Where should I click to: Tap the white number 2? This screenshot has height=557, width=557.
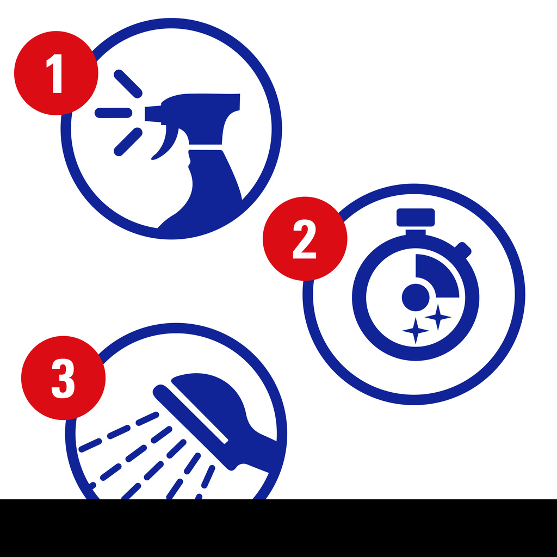click(305, 239)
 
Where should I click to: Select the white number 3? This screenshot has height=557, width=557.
click(63, 379)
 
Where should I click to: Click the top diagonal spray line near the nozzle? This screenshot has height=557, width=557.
click(128, 84)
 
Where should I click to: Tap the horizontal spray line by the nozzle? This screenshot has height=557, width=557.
click(113, 113)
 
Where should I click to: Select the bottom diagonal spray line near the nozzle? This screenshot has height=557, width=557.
click(128, 142)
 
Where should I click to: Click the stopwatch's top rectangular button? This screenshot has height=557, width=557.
click(415, 218)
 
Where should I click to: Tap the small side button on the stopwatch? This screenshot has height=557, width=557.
click(462, 250)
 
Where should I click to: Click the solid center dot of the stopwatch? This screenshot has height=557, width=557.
click(415, 298)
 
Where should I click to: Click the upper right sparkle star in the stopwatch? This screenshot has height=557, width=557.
click(438, 317)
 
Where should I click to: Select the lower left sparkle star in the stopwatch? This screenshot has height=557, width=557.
click(416, 331)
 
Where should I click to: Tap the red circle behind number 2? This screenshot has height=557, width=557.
click(305, 239)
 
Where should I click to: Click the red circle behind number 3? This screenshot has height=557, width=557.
click(63, 378)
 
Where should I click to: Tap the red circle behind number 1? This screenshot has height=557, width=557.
click(56, 73)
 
